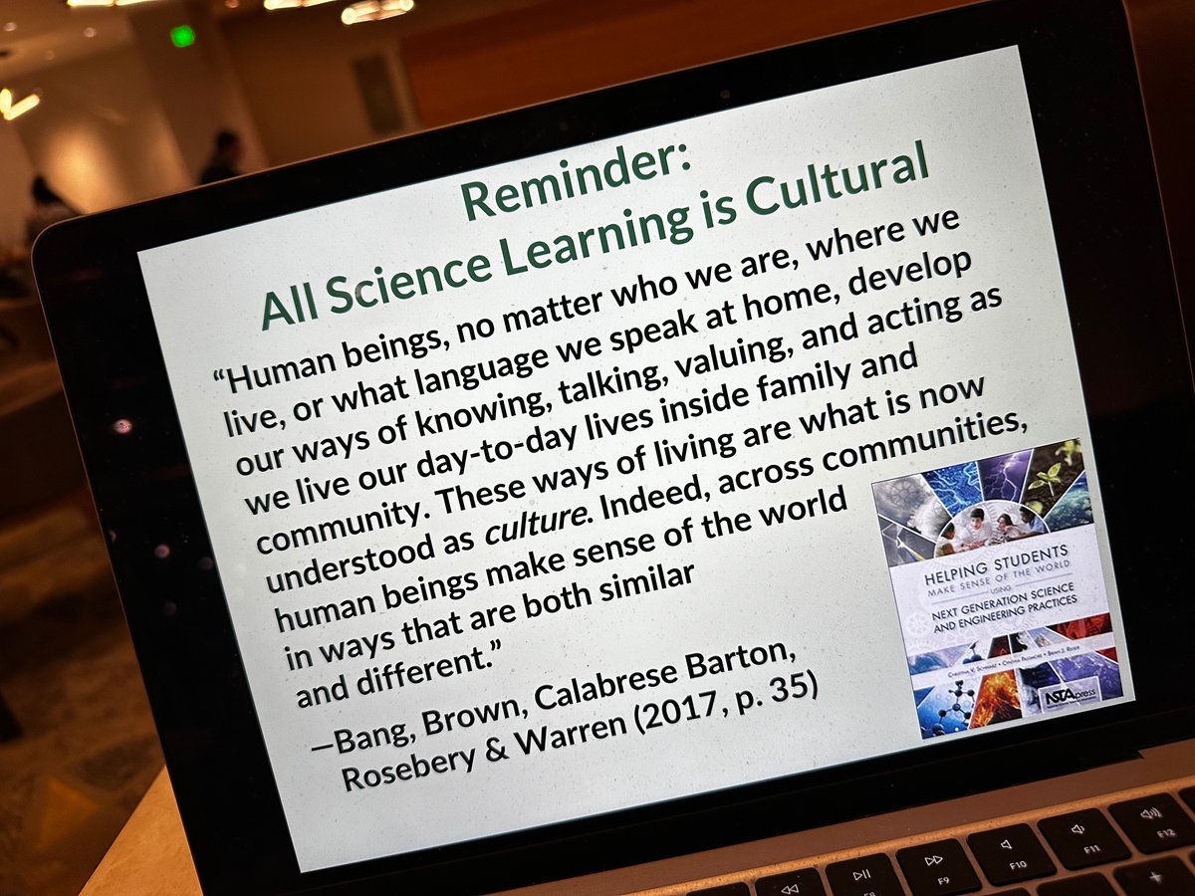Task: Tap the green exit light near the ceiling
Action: (182, 36)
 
